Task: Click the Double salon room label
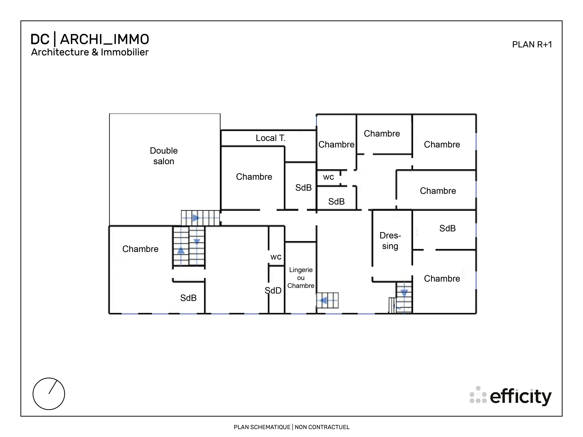point(164,156)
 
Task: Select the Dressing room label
point(390,241)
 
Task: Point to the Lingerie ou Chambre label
point(301,278)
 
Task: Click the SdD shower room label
point(273,291)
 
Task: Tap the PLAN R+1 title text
point(532,45)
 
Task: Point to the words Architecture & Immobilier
point(90,52)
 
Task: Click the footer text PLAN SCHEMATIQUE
point(262,427)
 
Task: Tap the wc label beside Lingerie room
point(276,257)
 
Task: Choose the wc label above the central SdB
point(328,177)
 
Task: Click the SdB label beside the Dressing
point(447,228)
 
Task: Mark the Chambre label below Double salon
point(140,249)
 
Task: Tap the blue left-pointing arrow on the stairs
point(324,300)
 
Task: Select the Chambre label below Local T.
point(254,177)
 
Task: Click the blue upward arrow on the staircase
point(181,251)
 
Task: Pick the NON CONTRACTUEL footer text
point(322,427)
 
